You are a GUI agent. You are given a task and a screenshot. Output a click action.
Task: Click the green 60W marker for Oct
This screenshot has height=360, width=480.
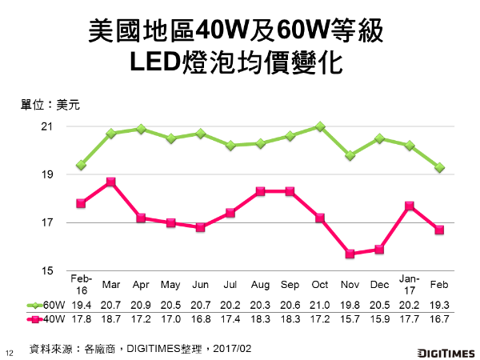[320, 126]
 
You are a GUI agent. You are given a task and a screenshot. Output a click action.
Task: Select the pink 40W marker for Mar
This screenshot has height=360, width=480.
[111, 182]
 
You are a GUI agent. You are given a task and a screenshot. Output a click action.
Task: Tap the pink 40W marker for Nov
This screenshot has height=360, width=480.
[350, 254]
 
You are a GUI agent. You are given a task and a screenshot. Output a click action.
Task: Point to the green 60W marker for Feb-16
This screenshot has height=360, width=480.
[82, 165]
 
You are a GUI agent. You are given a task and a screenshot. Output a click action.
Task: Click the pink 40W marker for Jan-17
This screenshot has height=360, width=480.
[410, 206]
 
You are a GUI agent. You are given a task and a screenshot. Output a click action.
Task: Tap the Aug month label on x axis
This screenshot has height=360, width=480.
[261, 284]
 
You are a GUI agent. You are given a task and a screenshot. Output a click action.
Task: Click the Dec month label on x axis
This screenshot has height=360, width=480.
[380, 284]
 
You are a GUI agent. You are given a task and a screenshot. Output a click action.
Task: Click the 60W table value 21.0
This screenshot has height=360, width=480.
[320, 305]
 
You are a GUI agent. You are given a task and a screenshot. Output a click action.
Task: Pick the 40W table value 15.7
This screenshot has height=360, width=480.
[350, 320]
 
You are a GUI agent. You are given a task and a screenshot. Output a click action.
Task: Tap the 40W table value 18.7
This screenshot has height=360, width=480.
[111, 320]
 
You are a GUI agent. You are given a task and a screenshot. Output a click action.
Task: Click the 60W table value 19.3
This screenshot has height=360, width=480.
[439, 305]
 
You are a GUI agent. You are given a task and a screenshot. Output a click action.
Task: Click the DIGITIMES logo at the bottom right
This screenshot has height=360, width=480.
[445, 352]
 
